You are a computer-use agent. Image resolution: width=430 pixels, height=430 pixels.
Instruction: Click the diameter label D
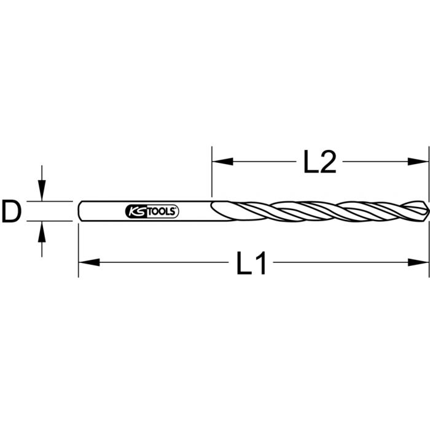point(11,211)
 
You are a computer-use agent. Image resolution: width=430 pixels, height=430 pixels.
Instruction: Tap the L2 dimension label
point(319,163)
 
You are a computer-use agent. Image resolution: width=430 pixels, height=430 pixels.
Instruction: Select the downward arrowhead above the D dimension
point(41,194)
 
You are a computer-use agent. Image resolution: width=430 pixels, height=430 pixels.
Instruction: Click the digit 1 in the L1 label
point(263,264)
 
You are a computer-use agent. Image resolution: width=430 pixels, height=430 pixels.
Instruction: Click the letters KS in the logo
point(135,211)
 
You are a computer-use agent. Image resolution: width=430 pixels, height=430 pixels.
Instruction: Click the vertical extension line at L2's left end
point(212,172)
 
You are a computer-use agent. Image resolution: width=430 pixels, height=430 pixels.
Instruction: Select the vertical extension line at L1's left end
point(79,252)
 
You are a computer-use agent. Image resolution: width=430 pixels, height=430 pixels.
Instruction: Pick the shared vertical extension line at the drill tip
point(428,184)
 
